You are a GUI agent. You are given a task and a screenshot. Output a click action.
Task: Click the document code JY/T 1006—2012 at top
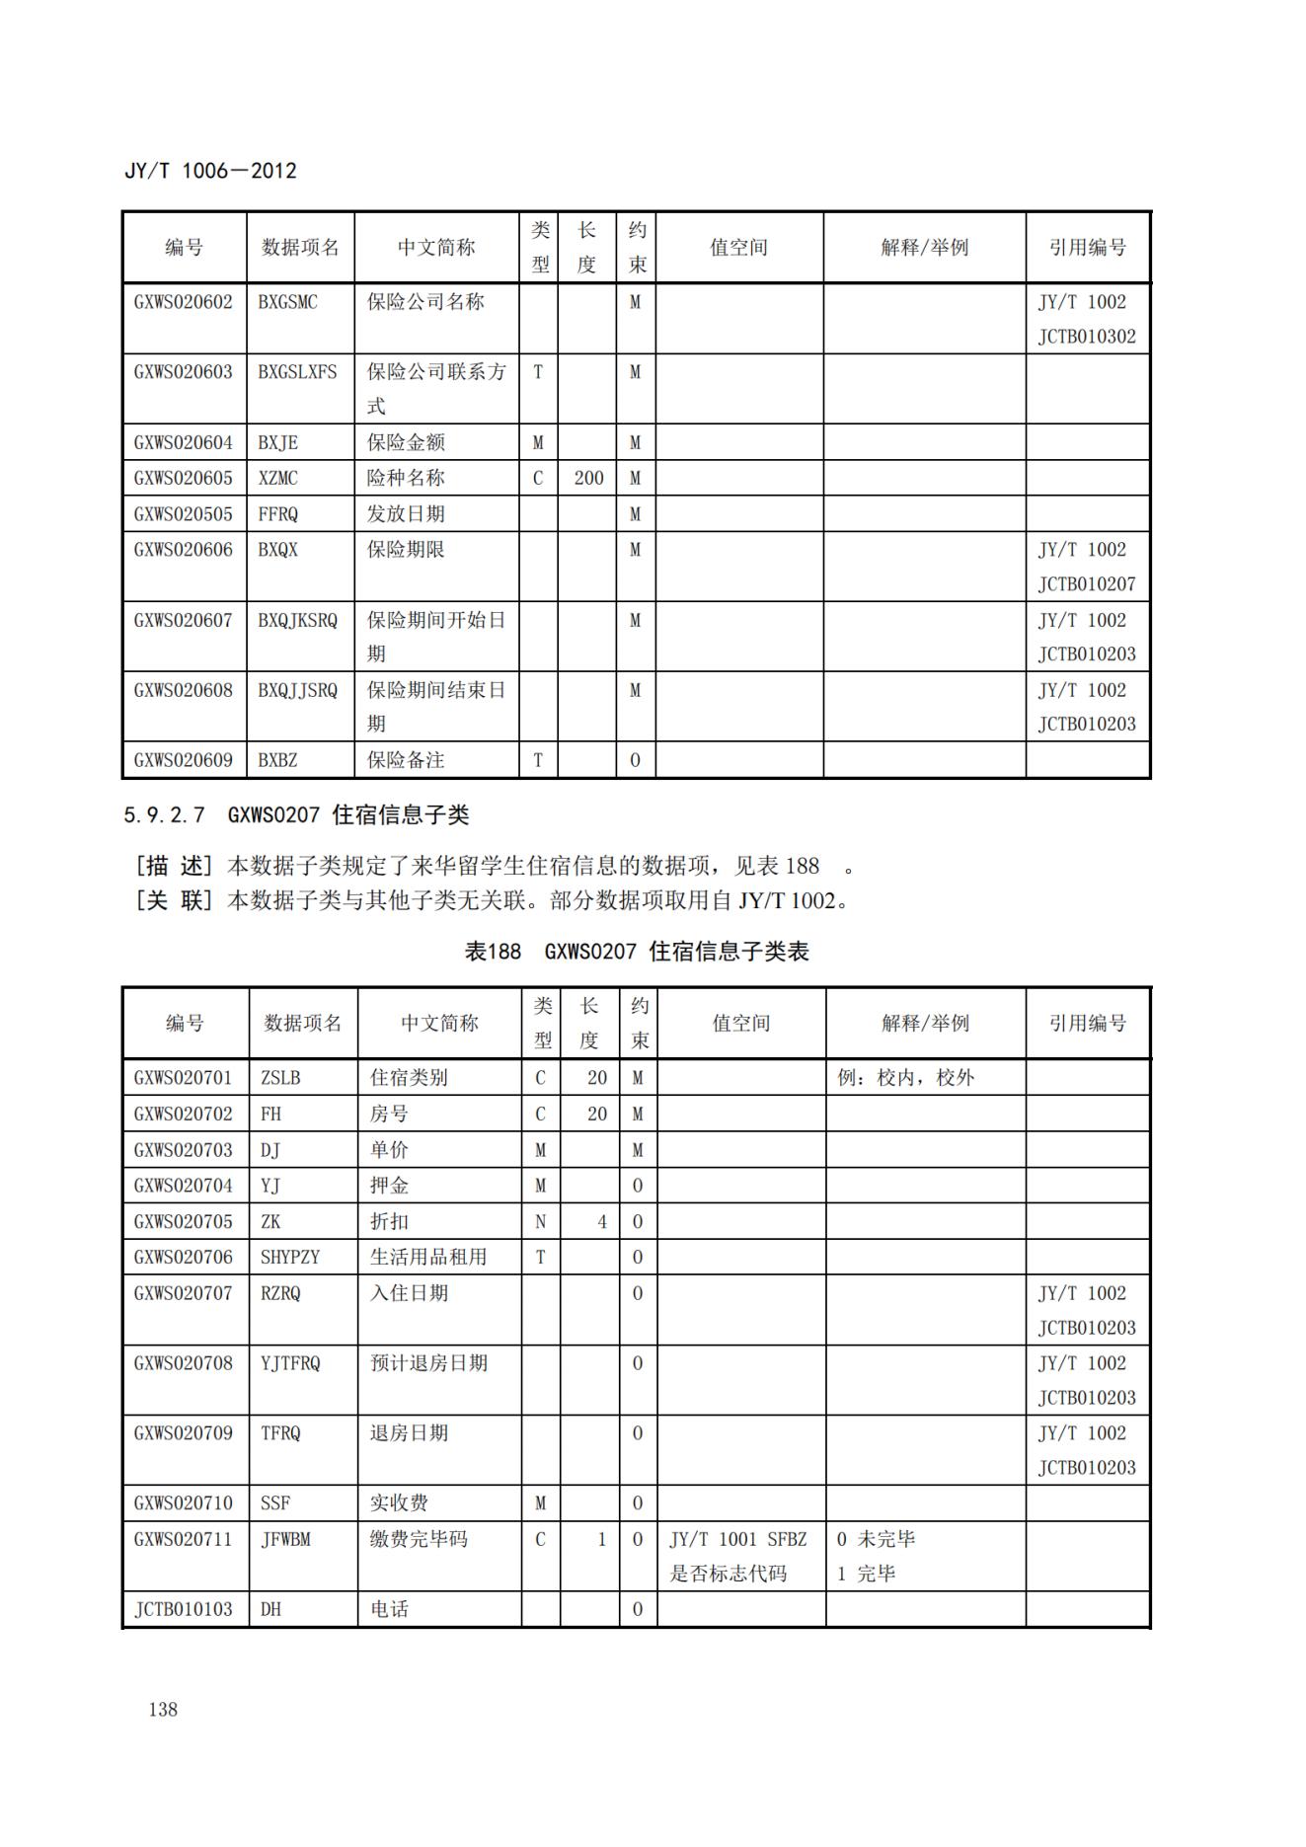click(x=210, y=171)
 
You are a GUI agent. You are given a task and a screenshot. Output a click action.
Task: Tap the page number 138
click(x=163, y=1709)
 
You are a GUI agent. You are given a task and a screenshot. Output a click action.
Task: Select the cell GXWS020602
click(x=184, y=302)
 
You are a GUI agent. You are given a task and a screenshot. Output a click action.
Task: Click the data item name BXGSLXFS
click(x=297, y=372)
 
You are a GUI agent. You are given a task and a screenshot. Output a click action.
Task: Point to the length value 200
click(x=588, y=478)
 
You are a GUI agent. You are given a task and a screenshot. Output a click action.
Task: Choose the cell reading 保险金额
click(x=406, y=442)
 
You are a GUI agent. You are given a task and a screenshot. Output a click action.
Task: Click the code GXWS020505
click(x=184, y=513)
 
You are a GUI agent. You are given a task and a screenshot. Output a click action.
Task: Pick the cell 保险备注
click(x=406, y=760)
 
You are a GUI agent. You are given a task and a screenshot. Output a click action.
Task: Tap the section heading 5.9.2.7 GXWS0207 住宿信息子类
click(x=296, y=814)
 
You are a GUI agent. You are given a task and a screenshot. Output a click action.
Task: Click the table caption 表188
click(x=493, y=952)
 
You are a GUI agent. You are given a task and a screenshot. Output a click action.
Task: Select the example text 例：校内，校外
click(x=905, y=1078)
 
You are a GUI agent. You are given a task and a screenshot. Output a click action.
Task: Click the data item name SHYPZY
click(x=290, y=1257)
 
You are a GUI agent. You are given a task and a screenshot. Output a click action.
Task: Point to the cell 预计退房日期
click(x=428, y=1363)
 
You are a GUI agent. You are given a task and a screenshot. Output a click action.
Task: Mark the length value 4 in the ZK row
click(x=601, y=1221)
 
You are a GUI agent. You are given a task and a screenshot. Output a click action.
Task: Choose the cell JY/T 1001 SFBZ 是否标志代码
click(x=737, y=1556)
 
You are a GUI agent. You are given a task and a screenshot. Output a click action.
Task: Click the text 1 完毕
click(x=866, y=1574)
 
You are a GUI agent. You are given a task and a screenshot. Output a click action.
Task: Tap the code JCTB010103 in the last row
click(x=184, y=1609)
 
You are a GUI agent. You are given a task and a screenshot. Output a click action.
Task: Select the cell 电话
click(x=389, y=1609)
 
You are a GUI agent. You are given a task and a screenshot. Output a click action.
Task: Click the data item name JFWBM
click(x=285, y=1539)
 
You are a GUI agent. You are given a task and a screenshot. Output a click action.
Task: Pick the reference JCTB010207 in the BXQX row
click(x=1086, y=584)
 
